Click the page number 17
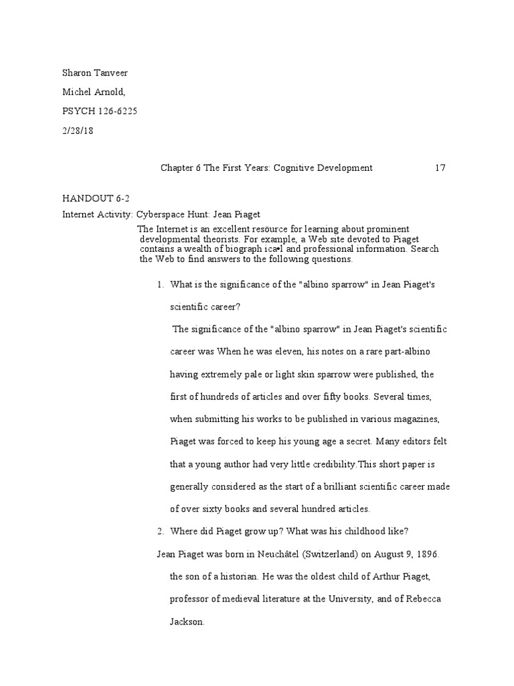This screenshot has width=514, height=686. (x=440, y=167)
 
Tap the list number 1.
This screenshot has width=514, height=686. (x=160, y=285)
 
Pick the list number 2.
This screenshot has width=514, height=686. (x=160, y=531)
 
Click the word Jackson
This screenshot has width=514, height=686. (x=187, y=622)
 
